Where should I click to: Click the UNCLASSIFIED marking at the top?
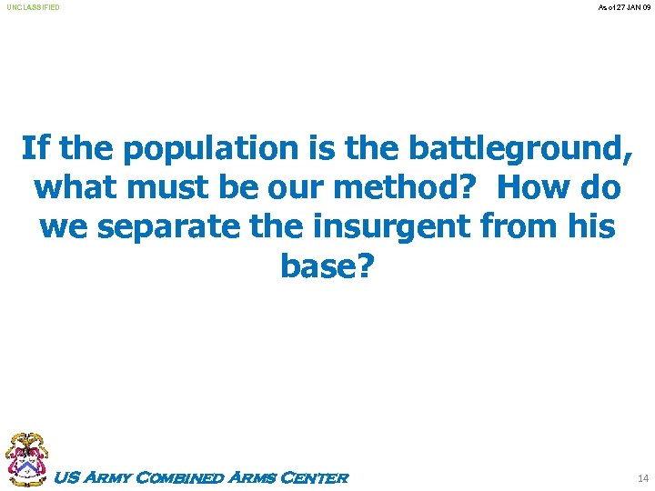point(34,7)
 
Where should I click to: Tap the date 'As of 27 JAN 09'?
point(623,7)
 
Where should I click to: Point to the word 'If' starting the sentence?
point(35,147)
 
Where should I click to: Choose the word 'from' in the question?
point(526,227)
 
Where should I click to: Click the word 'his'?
point(592,227)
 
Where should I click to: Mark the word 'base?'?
point(327,266)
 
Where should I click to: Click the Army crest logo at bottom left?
point(26,460)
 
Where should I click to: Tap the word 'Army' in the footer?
point(106,477)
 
